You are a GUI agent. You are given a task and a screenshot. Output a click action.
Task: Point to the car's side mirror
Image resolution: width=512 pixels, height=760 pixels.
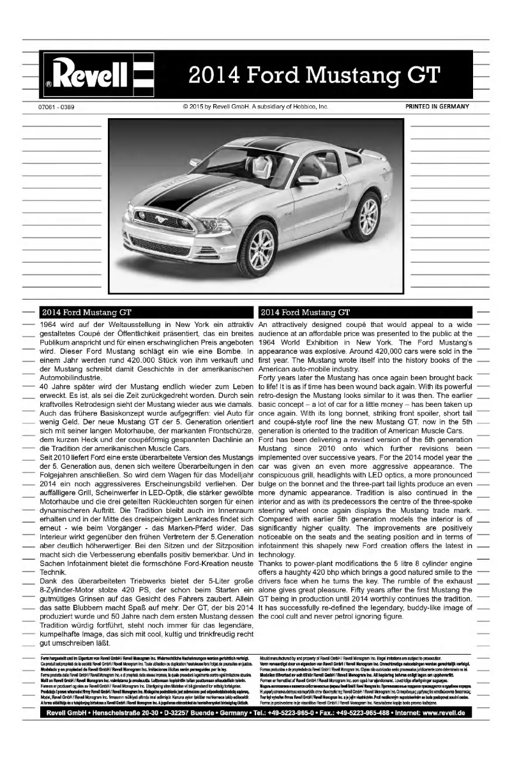point(306,181)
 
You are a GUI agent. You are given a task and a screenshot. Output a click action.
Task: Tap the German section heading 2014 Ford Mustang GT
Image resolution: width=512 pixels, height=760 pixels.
point(87,313)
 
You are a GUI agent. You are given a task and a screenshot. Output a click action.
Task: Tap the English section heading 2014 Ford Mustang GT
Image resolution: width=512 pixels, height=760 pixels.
point(305,313)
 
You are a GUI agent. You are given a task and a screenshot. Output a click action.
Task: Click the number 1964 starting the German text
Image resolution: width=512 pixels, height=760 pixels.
point(50,325)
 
